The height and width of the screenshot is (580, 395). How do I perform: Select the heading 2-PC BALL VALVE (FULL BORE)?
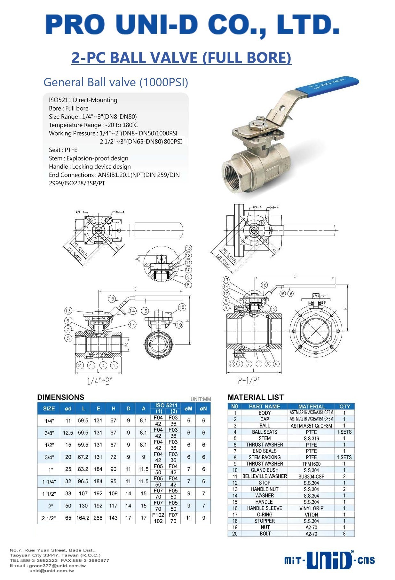[181, 58]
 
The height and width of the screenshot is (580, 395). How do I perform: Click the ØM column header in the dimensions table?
[188, 408]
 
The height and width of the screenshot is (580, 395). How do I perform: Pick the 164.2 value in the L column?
[83, 518]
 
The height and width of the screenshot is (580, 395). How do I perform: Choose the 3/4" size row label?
[49, 457]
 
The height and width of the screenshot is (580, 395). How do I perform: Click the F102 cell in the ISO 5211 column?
[158, 515]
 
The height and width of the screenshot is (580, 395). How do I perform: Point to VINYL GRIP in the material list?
[311, 508]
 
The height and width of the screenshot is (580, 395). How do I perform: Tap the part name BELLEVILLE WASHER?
[265, 476]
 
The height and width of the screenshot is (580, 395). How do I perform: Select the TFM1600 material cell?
[311, 464]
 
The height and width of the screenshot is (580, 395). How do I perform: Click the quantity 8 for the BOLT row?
[344, 533]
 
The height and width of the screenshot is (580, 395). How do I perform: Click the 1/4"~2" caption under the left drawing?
[99, 381]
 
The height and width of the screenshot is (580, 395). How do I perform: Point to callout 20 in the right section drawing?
[232, 364]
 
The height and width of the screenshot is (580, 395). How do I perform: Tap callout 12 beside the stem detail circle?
[188, 255]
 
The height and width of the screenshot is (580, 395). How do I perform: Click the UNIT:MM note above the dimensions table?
[201, 399]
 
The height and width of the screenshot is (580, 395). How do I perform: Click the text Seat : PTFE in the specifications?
[63, 150]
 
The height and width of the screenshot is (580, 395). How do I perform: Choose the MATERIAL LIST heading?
[256, 397]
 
